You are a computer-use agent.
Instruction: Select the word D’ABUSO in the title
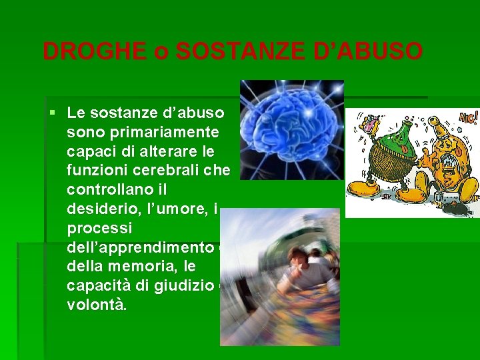click(x=369, y=51)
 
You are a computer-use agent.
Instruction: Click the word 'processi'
click(x=94, y=228)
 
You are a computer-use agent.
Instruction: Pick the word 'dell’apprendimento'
click(x=139, y=247)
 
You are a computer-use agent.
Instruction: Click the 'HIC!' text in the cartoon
click(x=466, y=118)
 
